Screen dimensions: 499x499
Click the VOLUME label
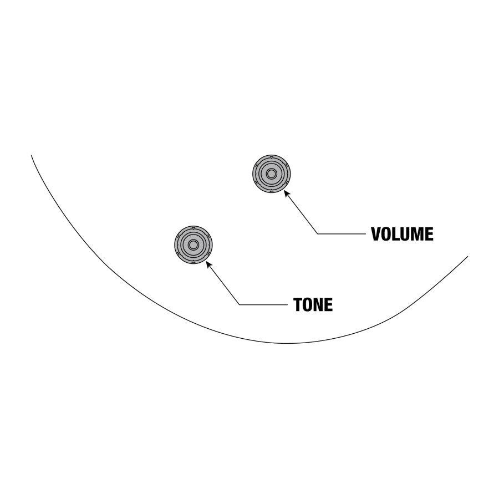(402, 234)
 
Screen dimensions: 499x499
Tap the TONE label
(313, 304)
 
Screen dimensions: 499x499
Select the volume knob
(272, 174)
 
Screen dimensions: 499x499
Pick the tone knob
(193, 245)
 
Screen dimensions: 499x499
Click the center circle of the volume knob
(272, 174)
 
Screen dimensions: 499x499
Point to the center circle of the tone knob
(193, 245)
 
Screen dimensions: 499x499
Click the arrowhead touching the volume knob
(287, 193)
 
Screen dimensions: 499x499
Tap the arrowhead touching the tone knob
(209, 264)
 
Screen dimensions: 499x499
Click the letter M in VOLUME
(417, 234)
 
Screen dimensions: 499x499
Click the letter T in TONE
(298, 304)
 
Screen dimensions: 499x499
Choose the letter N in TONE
(319, 304)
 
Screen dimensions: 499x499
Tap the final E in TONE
(329, 304)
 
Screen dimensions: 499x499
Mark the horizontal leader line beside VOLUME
(342, 234)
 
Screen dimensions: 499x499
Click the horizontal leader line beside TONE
(263, 304)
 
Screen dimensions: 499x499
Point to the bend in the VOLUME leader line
(318, 234)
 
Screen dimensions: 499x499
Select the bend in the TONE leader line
(240, 304)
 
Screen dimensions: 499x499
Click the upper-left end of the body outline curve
(31, 155)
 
